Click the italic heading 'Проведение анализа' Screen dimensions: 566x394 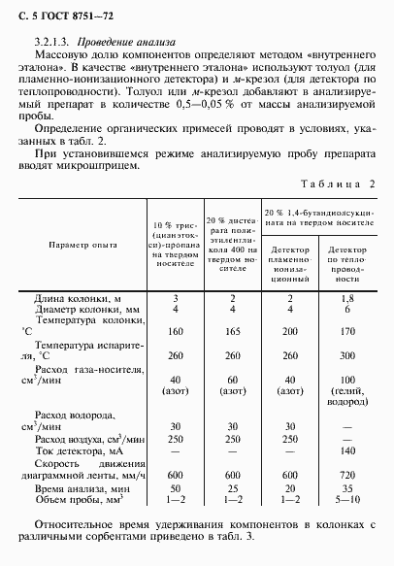tap(115, 43)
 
